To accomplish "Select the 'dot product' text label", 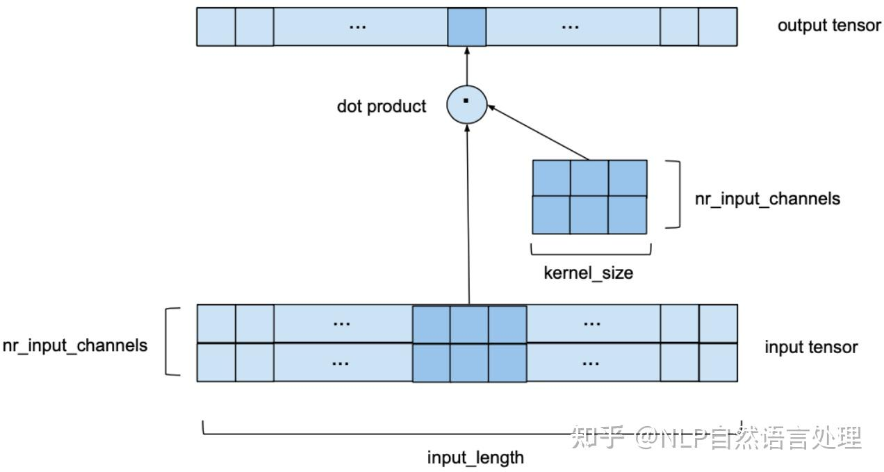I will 382,106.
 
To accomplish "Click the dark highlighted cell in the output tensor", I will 466,27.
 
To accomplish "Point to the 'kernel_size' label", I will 588,272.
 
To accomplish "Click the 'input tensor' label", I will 811,346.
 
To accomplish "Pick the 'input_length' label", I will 475,457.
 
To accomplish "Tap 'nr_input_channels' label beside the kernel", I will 767,198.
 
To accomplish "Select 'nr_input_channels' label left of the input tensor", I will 75,345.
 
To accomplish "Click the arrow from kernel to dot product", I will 539,133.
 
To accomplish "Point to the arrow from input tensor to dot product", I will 468,215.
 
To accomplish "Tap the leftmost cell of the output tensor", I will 216,27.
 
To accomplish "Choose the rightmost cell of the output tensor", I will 717,27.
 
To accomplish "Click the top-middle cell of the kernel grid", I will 589,178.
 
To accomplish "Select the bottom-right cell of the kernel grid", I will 628,215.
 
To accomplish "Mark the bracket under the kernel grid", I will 590,251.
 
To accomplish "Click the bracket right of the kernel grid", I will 676,195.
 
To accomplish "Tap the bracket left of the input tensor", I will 170,342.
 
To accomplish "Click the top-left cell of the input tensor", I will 216,323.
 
